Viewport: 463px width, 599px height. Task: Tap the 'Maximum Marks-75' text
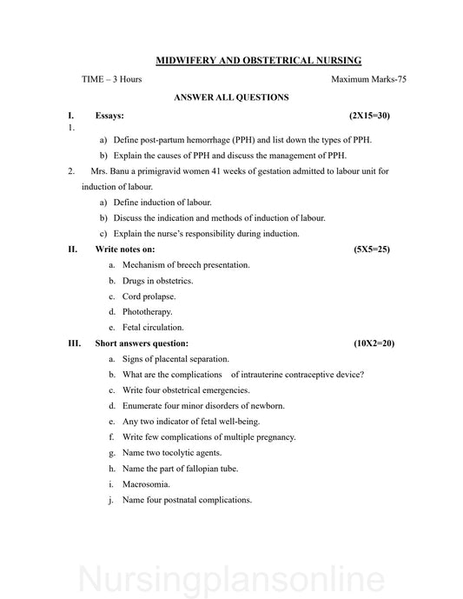pos(368,80)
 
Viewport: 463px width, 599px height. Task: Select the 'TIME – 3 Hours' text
pos(112,80)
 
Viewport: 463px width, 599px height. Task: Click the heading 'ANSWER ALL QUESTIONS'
pos(231,97)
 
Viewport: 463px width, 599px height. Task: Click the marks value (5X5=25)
pos(372,249)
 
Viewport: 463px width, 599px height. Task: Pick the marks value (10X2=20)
pos(374,343)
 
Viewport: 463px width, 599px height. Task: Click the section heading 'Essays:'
pos(109,115)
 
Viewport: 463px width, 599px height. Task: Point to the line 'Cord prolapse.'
pos(149,296)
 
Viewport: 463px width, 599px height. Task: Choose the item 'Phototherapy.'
pos(148,311)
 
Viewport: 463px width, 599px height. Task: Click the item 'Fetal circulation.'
pos(153,327)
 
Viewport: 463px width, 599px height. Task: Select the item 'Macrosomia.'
pos(146,483)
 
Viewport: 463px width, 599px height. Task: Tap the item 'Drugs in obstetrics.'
pos(157,280)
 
